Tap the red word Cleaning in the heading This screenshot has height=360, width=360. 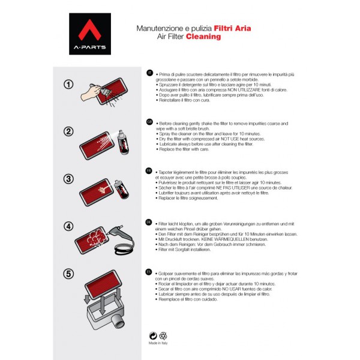tap(203, 37)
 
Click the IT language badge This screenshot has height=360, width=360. tap(150, 72)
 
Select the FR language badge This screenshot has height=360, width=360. tap(150, 170)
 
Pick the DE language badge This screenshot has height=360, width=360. tap(150, 221)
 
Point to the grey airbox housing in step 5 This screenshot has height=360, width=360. tap(104, 311)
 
